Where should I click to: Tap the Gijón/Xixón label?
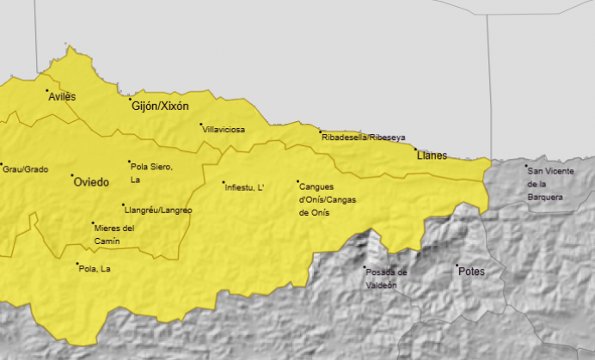[x=160, y=107]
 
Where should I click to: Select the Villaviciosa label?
[x=224, y=130]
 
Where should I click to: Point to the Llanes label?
[x=432, y=156]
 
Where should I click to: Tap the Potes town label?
[x=472, y=272]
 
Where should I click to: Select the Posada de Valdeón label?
[x=385, y=278]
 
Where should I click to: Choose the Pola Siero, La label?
[x=151, y=173]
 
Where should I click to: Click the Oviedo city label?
[x=91, y=182]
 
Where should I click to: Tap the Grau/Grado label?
[x=25, y=169]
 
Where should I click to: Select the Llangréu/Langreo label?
[x=157, y=210]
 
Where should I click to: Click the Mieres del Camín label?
[x=114, y=234]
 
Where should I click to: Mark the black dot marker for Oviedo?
[x=72, y=176]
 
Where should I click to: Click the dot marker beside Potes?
[x=457, y=265]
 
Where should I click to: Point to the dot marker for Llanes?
[x=415, y=149]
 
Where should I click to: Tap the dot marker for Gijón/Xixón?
[x=131, y=99]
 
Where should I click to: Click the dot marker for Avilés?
[x=48, y=91]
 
